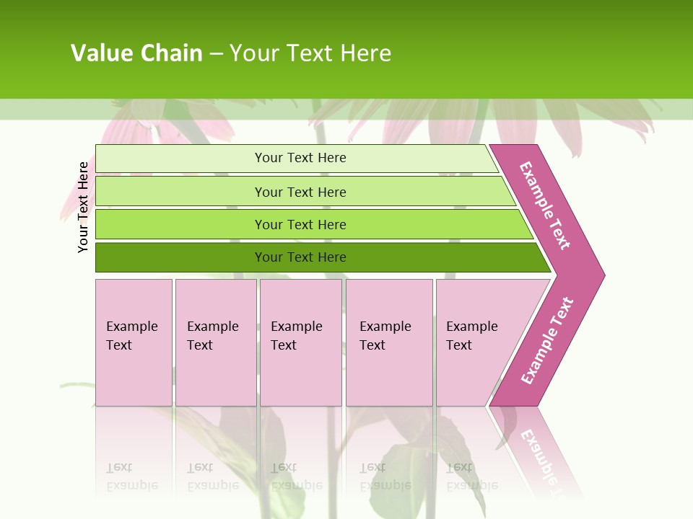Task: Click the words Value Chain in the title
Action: (x=136, y=53)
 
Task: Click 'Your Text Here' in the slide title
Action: (x=310, y=53)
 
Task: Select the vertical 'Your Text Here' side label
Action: (x=84, y=207)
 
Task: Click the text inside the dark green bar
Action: (x=300, y=257)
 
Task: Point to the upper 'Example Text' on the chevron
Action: (x=545, y=205)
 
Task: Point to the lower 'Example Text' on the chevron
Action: (x=547, y=340)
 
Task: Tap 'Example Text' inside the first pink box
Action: (x=131, y=335)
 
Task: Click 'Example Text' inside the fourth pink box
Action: (x=385, y=335)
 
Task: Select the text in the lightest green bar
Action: (x=300, y=158)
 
